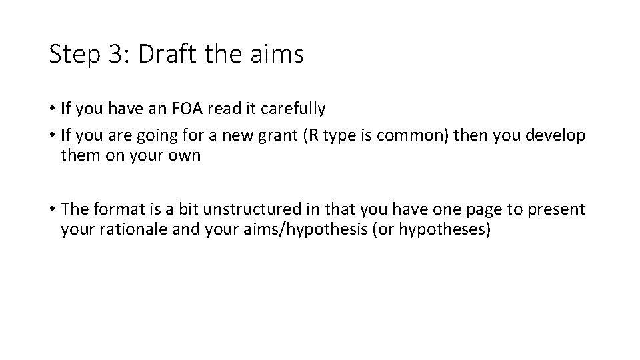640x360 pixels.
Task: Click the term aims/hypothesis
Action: (294, 231)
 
